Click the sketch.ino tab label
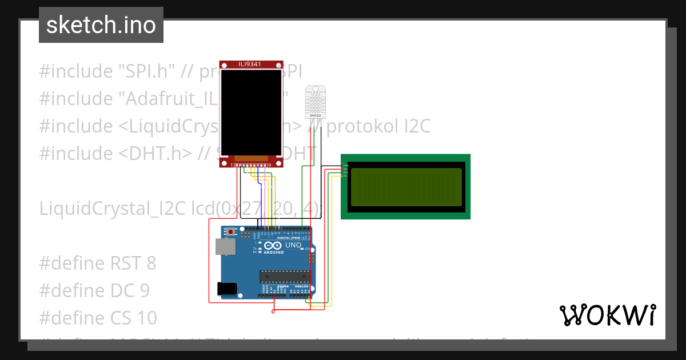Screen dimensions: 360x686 click(x=101, y=25)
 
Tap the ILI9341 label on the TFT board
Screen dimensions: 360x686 click(x=250, y=64)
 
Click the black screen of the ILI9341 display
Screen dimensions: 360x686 click(x=251, y=112)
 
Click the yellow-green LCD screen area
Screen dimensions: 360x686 click(x=405, y=187)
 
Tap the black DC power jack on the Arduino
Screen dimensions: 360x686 click(x=226, y=289)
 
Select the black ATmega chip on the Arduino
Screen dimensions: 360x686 click(x=284, y=277)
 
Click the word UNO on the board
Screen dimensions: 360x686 click(x=293, y=245)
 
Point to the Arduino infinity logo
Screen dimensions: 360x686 click(x=270, y=245)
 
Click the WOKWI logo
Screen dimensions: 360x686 click(x=607, y=315)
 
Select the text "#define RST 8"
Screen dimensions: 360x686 click(x=97, y=263)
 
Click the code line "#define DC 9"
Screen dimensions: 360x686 click(x=94, y=291)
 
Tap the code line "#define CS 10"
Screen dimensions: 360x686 click(x=98, y=318)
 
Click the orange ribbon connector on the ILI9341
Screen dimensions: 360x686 click(x=251, y=158)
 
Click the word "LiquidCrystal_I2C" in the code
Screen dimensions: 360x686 click(x=113, y=209)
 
